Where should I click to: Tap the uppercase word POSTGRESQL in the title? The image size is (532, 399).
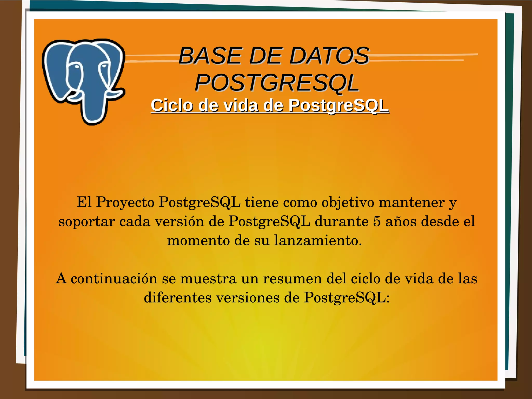click(x=277, y=83)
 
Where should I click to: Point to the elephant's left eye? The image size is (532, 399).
click(x=77, y=67)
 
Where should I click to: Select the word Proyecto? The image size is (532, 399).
click(x=125, y=202)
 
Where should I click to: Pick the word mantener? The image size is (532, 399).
click(x=411, y=202)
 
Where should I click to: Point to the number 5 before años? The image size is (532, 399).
click(x=377, y=221)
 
